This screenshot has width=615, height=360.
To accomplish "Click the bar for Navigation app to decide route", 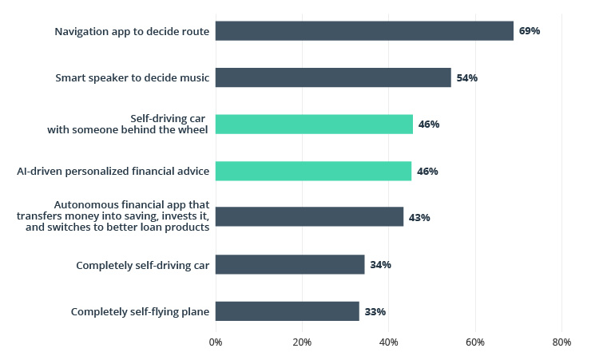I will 364,31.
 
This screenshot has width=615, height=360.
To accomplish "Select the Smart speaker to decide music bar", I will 333,77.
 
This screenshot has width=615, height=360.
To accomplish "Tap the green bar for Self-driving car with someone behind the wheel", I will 314,124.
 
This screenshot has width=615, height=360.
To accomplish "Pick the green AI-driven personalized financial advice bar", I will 313,171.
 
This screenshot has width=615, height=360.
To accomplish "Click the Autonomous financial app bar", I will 309,216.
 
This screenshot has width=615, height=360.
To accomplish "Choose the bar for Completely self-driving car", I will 290,264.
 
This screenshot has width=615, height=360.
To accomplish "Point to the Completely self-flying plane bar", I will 288,311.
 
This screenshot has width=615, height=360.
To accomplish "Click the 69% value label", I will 530,31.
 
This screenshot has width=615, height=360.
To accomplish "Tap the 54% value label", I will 467,78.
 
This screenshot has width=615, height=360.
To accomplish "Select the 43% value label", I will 419,217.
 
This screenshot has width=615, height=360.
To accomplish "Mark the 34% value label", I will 380,264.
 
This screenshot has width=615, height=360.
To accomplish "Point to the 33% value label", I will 375,311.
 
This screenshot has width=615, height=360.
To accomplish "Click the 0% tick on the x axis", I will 216,342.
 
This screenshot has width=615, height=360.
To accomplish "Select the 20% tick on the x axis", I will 302,342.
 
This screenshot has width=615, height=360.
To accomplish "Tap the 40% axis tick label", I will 388,342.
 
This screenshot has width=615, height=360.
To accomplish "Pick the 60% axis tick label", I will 475,342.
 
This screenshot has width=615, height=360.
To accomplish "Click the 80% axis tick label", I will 561,342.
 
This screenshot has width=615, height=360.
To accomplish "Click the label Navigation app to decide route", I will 132,31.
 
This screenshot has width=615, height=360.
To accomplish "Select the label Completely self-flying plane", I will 140,311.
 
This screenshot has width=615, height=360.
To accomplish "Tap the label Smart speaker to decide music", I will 133,77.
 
